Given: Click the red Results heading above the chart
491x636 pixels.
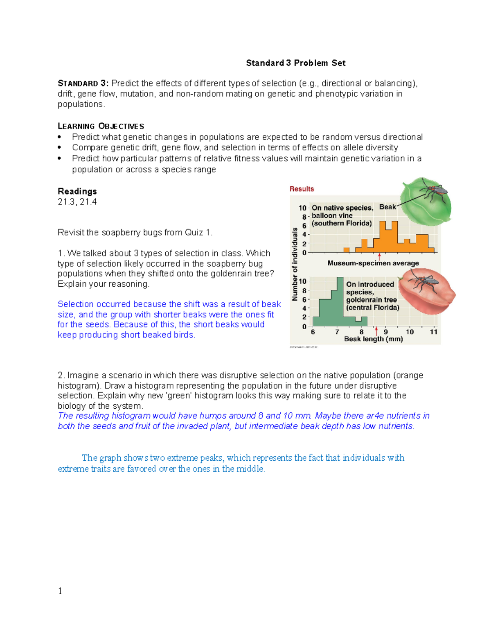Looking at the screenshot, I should click(x=302, y=189).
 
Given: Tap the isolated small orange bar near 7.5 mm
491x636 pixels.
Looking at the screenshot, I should click(x=346, y=250).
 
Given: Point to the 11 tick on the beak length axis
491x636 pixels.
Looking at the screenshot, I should click(x=433, y=332).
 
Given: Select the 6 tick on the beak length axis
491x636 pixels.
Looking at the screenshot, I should click(x=313, y=332).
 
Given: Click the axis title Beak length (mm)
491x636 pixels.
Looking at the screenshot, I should click(x=373, y=339).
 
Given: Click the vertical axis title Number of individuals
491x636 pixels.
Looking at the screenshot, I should click(x=294, y=264).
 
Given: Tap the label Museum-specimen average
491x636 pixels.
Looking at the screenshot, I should click(x=373, y=263).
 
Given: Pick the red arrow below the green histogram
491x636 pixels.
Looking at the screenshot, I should click(x=376, y=331).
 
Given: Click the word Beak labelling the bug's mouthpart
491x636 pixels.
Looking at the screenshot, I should click(x=387, y=207).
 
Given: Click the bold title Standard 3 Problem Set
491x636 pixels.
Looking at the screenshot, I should click(x=295, y=63).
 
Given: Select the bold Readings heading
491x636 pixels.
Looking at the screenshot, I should click(x=77, y=191).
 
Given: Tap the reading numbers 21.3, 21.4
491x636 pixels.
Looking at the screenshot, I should click(x=77, y=201).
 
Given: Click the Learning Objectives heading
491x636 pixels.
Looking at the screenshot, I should click(x=101, y=126).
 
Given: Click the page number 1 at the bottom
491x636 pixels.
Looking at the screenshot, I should click(x=60, y=591).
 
